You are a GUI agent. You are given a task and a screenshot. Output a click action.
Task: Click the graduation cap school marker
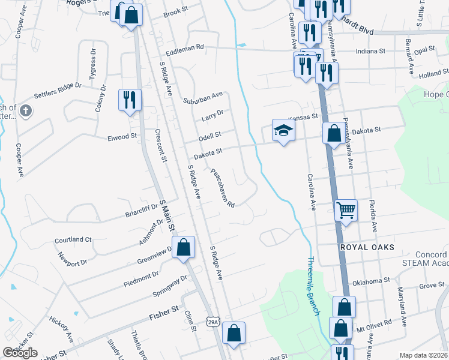click(x=283, y=130)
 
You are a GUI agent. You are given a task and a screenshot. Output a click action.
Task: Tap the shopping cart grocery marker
click(x=346, y=211)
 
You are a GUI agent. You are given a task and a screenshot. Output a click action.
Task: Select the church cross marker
click(x=25, y=110)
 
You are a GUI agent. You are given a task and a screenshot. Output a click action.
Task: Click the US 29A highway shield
click(x=213, y=322)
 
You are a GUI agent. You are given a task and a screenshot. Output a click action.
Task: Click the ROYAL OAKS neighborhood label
click(x=367, y=247)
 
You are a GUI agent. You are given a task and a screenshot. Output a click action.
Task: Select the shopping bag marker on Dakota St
click(x=334, y=133)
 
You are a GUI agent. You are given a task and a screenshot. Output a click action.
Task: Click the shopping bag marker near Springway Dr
click(x=184, y=247)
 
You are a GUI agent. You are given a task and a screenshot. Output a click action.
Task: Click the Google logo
click(x=20, y=353)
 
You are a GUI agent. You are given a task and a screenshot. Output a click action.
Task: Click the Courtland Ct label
click(x=73, y=239)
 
